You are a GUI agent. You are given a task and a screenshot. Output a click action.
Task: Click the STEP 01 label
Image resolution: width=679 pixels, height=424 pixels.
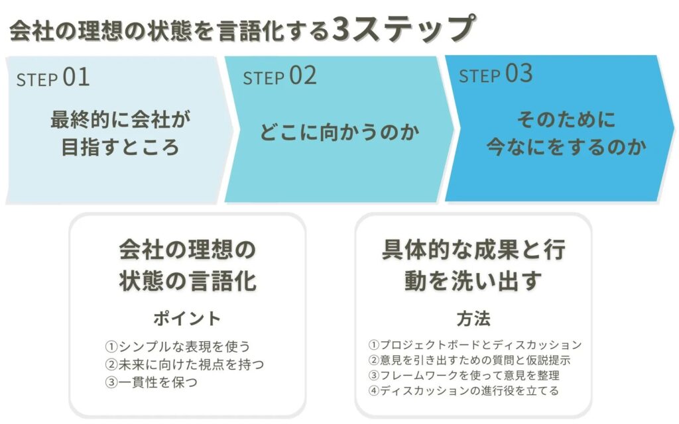(53, 78)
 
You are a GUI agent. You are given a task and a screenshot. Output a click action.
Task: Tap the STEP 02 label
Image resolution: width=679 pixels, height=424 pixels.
(280, 76)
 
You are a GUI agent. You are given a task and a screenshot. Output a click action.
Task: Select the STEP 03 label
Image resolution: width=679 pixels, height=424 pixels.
(495, 74)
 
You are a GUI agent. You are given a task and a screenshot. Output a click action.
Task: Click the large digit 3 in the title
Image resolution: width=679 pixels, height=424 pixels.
(341, 29)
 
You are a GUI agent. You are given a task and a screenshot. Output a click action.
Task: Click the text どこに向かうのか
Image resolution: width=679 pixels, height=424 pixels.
(339, 132)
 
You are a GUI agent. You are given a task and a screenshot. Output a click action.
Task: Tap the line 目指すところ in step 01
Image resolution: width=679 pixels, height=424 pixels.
(121, 146)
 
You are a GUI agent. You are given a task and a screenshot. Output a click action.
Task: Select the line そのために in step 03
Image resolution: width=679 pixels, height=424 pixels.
(566, 119)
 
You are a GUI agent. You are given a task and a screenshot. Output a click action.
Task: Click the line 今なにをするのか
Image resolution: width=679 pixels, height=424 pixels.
(566, 146)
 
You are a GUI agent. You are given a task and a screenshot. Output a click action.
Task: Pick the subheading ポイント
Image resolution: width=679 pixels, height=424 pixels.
(187, 319)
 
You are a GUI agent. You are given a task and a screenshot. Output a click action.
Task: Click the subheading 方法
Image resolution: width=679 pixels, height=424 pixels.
(473, 319)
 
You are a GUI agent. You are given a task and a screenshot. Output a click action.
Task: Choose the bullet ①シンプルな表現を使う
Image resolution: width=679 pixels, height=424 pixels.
(178, 346)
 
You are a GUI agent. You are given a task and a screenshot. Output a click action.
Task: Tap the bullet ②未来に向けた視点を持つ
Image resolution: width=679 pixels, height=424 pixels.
(184, 364)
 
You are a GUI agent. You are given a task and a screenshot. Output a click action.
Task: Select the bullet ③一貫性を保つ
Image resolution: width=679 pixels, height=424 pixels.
(151, 382)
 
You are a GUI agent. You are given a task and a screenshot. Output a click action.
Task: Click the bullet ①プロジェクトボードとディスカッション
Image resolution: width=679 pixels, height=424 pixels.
(475, 344)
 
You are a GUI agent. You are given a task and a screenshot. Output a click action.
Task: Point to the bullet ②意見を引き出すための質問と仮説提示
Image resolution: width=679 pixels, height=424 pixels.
(469, 360)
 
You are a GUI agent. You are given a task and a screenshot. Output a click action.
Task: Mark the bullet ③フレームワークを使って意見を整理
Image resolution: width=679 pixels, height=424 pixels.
(463, 375)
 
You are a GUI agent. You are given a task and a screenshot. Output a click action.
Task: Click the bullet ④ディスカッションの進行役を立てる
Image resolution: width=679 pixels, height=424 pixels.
(463, 391)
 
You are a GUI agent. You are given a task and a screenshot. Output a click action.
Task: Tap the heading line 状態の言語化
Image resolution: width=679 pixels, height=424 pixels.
(188, 280)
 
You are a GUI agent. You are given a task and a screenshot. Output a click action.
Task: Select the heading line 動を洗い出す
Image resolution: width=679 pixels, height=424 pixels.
(473, 280)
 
